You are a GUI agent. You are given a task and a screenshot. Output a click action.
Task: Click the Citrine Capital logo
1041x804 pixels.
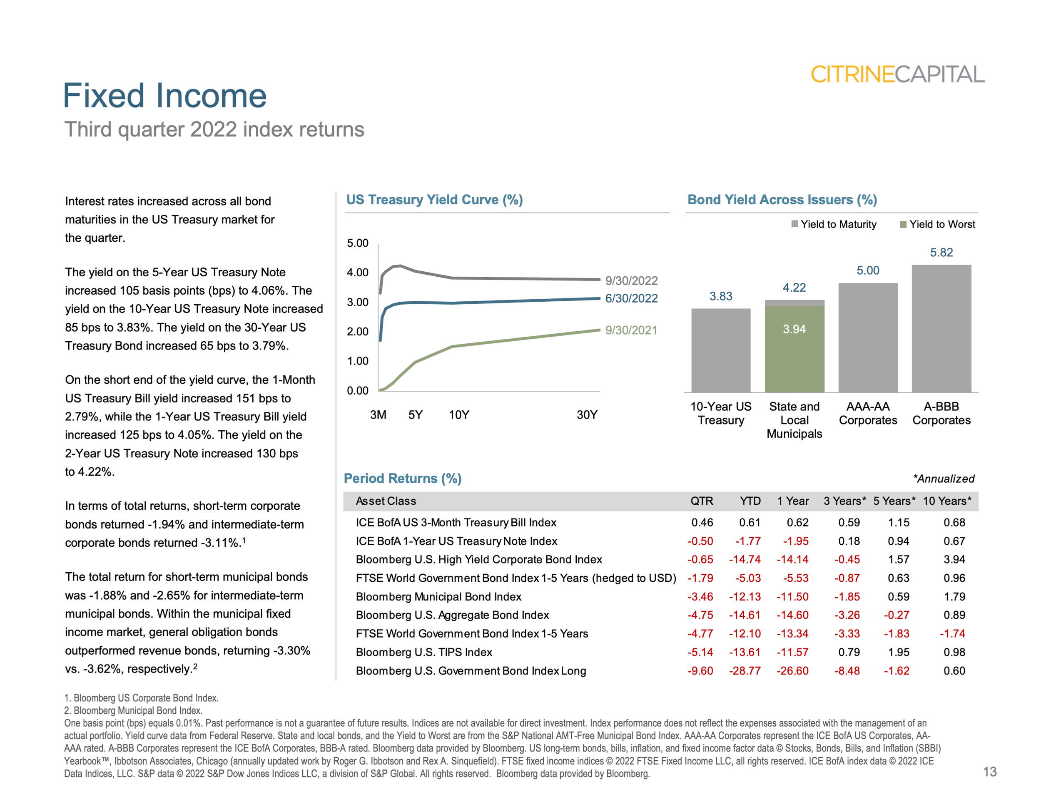[897, 74]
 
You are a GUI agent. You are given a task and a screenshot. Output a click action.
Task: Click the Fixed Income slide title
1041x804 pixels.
[164, 96]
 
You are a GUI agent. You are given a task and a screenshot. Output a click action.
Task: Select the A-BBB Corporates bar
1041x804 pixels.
[941, 329]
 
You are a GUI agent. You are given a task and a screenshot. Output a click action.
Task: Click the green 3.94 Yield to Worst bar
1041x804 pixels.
[794, 349]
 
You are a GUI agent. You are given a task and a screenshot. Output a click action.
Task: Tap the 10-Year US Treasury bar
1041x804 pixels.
[721, 350]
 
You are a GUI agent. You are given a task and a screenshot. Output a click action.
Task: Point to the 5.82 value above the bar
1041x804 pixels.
[941, 253]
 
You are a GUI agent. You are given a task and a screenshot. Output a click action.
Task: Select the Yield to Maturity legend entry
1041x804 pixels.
[834, 224]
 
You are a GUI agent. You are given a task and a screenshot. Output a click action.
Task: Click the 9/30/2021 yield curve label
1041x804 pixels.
[631, 330]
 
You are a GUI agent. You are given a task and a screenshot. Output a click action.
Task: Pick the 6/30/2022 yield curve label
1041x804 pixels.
[631, 298]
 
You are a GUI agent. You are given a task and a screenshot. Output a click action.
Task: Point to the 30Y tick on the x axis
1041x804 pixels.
[587, 415]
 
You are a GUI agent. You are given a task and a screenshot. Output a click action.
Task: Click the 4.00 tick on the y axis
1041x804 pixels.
[358, 273]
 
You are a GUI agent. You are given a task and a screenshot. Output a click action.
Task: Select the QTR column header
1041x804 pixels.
[702, 501]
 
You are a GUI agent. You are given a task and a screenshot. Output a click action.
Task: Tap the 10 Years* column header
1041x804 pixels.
[946, 501]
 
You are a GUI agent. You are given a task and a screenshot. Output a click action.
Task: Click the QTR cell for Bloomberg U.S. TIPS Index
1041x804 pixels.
[700, 652]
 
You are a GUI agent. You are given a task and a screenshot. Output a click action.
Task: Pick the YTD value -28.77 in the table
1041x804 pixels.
[745, 671]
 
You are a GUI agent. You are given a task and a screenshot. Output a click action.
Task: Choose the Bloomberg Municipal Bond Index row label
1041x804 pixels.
[438, 597]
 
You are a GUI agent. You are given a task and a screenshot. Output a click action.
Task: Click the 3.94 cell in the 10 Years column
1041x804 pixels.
[954, 559]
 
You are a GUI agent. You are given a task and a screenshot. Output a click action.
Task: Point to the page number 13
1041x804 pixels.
[989, 772]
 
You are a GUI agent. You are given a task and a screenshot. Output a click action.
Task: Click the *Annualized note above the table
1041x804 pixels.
[943, 479]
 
